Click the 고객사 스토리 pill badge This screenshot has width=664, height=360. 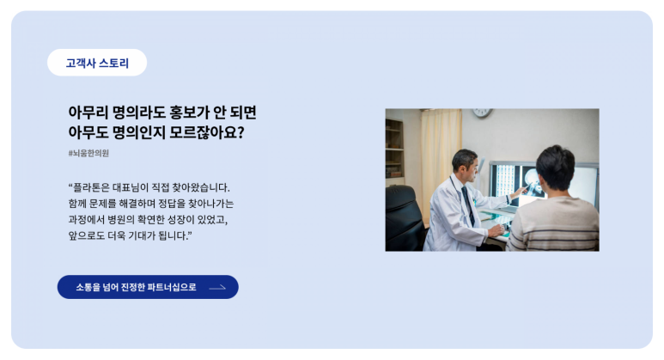97,63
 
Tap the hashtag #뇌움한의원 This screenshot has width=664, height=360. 88,153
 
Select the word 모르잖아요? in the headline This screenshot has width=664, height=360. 207,132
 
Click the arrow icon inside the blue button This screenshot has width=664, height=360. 217,288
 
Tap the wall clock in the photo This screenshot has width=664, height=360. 483,113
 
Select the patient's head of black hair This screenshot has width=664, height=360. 555,168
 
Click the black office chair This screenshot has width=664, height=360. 404,218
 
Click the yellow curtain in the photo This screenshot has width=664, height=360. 441,161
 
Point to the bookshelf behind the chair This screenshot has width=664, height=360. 394,149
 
